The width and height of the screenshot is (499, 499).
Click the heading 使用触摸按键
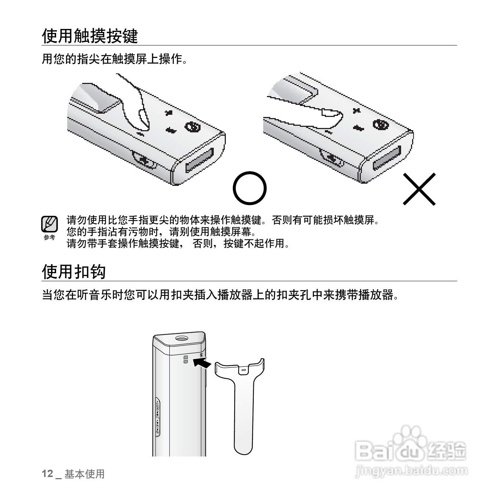[x=90, y=36]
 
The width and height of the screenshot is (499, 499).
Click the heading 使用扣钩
[x=74, y=272]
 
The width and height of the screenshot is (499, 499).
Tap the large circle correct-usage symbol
[x=250, y=189]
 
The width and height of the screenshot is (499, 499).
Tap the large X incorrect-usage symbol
[x=419, y=189]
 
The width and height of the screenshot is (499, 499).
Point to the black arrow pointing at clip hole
[x=202, y=363]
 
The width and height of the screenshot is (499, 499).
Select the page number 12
[x=47, y=474]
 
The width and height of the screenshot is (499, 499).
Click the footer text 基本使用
[x=85, y=474]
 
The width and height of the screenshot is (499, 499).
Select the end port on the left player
[x=199, y=160]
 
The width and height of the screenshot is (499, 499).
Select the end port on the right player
[x=387, y=158]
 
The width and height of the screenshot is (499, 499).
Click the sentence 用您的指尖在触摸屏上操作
[x=115, y=59]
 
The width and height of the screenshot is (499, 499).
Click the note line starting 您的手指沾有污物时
[x=161, y=232]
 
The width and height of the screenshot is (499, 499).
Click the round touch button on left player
[x=191, y=126]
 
